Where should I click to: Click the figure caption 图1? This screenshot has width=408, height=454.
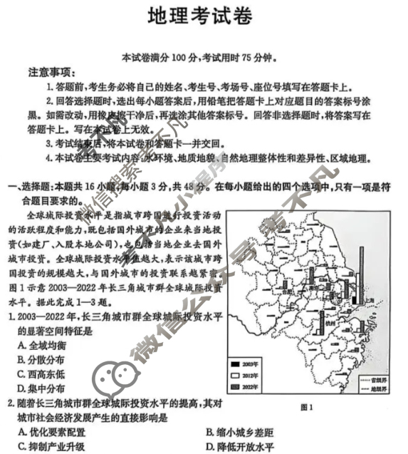pyautogui.click(x=307, y=407)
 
